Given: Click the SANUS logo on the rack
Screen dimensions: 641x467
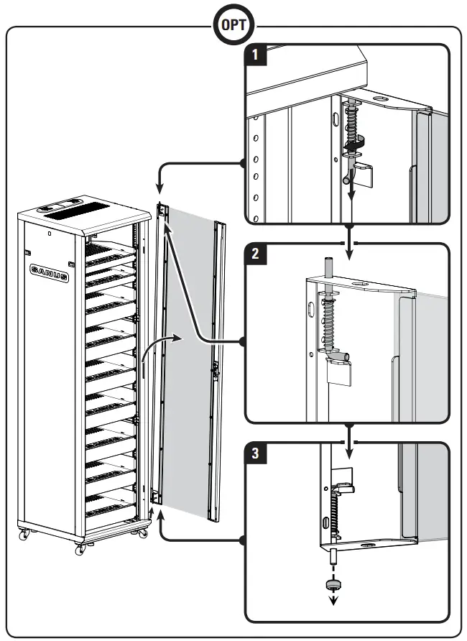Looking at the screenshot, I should [49, 272].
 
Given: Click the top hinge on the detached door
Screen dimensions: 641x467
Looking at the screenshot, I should [163, 211].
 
